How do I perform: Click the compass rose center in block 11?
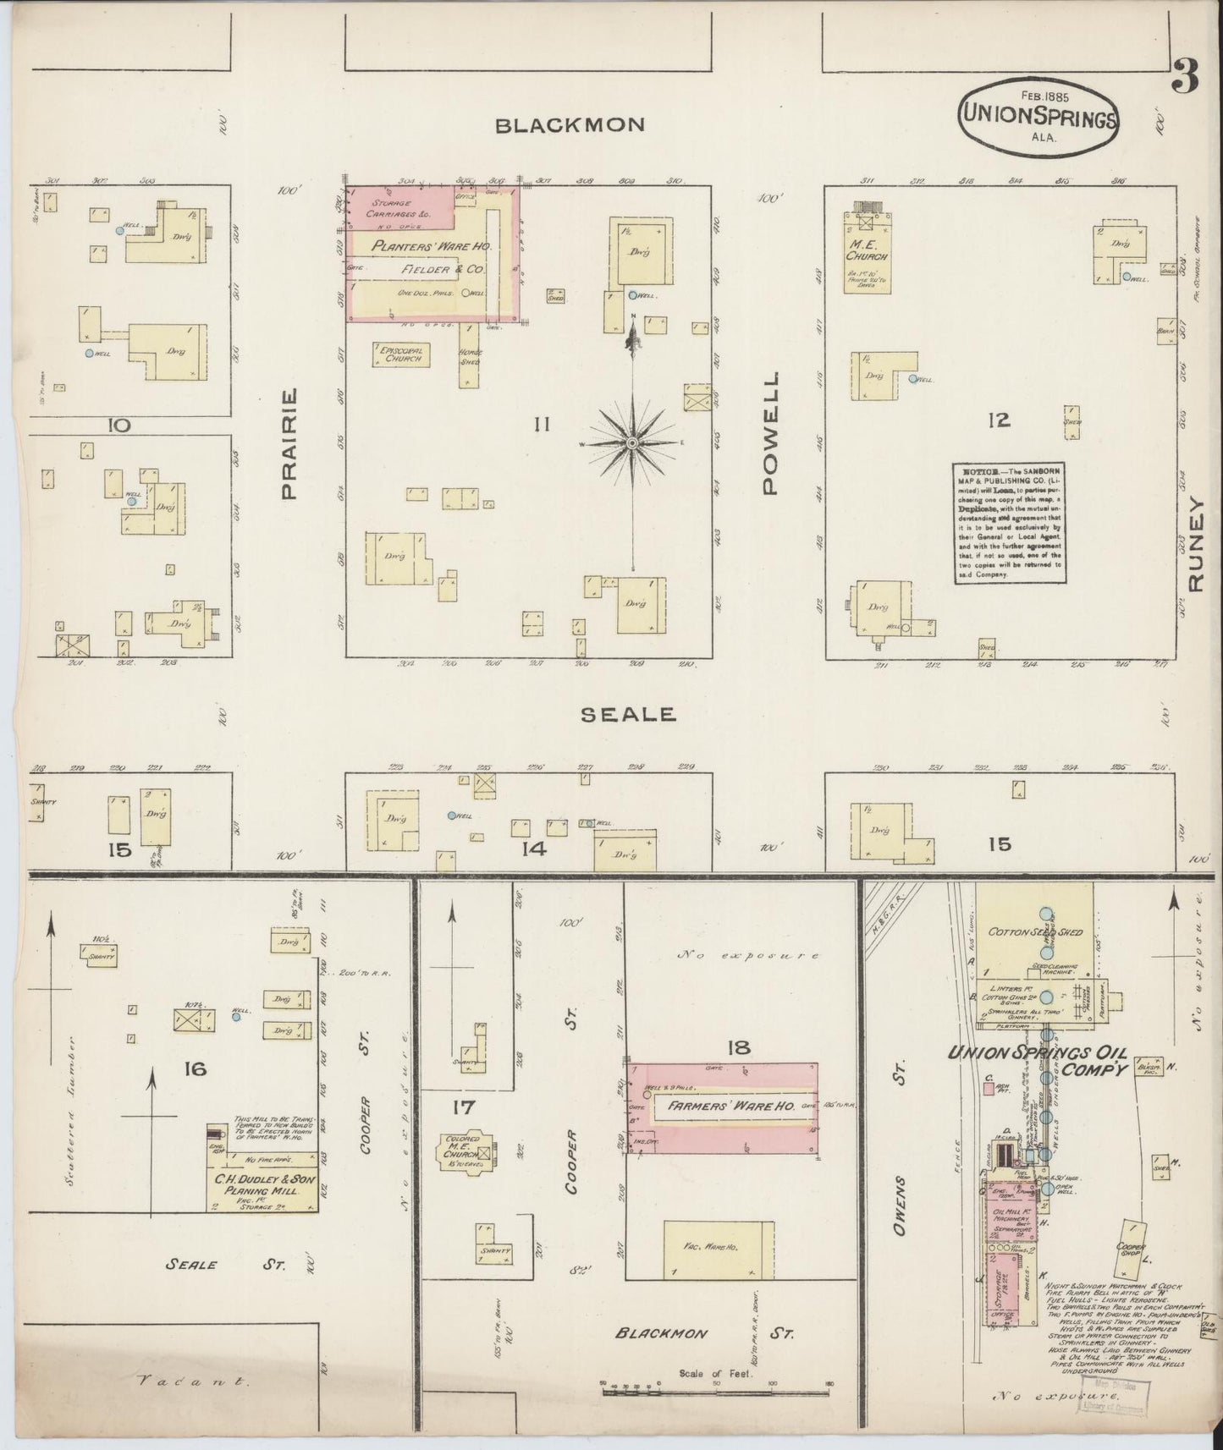pos(632,442)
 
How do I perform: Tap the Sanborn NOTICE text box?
pos(1008,522)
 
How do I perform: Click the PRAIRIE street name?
pos(289,443)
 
